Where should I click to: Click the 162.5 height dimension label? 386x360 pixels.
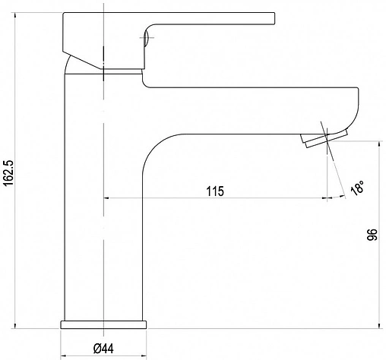(x=9, y=172)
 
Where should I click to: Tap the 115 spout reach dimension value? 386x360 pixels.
(x=215, y=191)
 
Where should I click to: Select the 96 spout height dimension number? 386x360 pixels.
(x=372, y=235)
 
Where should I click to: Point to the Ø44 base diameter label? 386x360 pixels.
(x=103, y=349)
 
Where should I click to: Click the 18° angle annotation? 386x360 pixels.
(x=357, y=188)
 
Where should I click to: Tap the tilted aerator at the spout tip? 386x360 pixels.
(x=324, y=138)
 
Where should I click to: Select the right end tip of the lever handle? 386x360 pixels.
(x=274, y=18)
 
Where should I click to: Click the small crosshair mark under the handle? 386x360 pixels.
(x=147, y=38)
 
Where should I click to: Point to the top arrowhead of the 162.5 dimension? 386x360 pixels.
(x=15, y=15)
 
